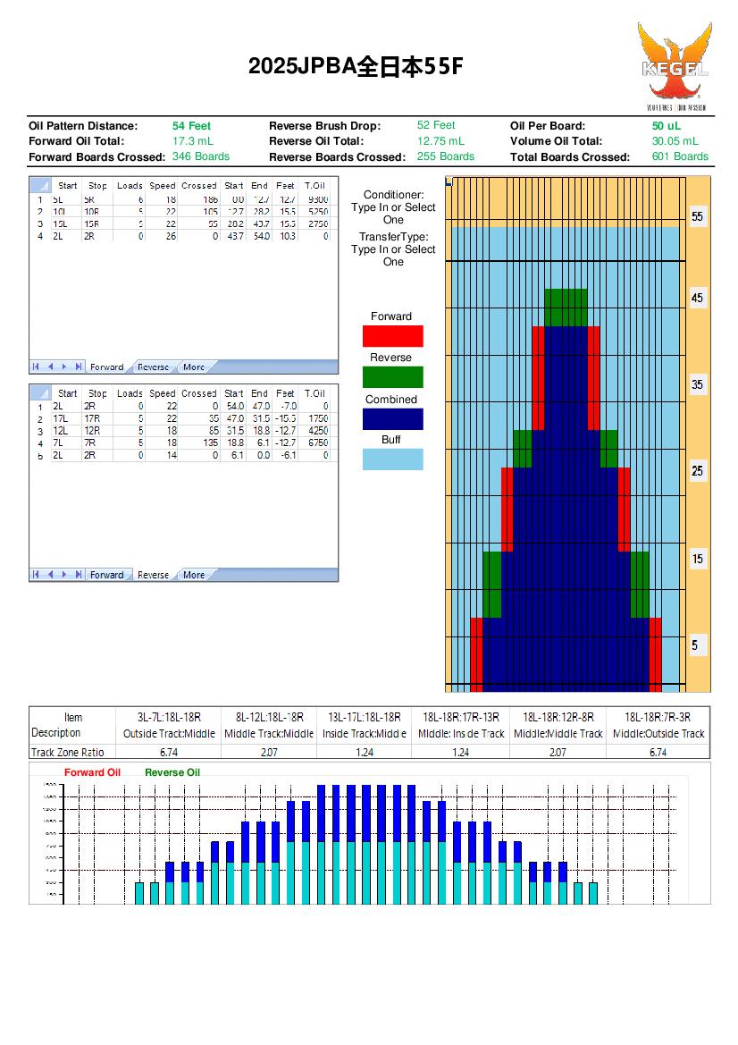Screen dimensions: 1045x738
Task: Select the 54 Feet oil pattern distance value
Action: tap(191, 126)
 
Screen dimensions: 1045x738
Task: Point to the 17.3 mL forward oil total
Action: tap(192, 141)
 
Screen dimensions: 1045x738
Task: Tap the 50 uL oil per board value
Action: tap(666, 126)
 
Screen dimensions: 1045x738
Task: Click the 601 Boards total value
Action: tap(680, 156)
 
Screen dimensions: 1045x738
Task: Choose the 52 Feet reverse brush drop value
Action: tap(436, 126)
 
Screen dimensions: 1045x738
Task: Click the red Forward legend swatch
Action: tap(392, 336)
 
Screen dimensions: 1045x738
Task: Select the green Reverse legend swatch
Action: tap(392, 377)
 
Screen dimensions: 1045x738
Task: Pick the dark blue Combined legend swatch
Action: tap(392, 418)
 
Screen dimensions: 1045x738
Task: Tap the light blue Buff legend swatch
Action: tap(392, 459)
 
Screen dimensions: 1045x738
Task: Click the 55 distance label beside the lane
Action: tap(698, 217)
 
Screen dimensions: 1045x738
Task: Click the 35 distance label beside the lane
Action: tap(698, 384)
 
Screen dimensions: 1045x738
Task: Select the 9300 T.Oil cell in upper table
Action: tap(316, 199)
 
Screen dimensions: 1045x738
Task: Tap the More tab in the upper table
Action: tap(193, 367)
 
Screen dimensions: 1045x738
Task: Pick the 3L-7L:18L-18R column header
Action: tap(169, 717)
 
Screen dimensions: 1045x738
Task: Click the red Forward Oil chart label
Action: tap(92, 772)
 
